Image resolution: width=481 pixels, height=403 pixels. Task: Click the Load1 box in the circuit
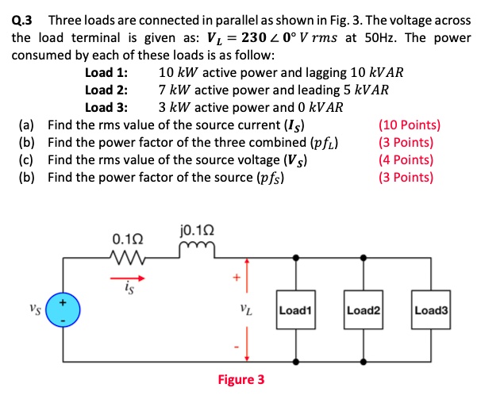297,312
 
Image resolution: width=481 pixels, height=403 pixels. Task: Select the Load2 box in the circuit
364,312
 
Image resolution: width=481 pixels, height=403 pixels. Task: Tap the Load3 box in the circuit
432,312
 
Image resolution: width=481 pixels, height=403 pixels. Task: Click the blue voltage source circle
65,311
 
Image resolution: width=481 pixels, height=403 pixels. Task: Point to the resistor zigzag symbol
129,256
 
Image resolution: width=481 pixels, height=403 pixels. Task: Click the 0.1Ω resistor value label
129,238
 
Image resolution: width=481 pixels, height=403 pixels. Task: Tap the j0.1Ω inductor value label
194,232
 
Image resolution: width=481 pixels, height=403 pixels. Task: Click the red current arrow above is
133,278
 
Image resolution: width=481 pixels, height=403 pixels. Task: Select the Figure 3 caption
241,379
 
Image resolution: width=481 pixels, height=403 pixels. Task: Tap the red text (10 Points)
410,125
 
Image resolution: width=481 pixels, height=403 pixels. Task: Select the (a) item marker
26,125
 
